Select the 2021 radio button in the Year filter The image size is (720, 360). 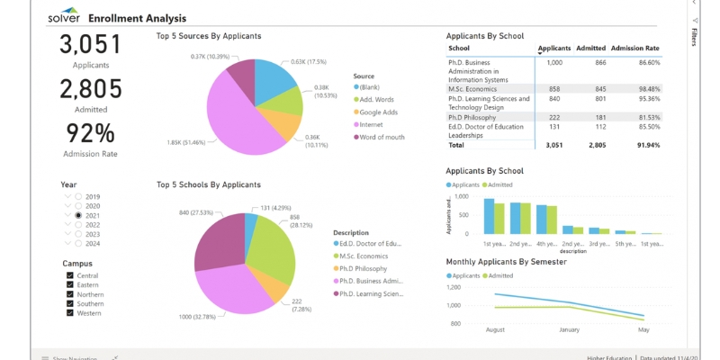click(x=78, y=217)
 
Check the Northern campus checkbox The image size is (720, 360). click(x=70, y=294)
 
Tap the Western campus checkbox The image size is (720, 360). click(x=70, y=313)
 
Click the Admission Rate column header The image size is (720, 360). click(x=634, y=48)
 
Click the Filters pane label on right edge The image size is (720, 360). click(x=694, y=36)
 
